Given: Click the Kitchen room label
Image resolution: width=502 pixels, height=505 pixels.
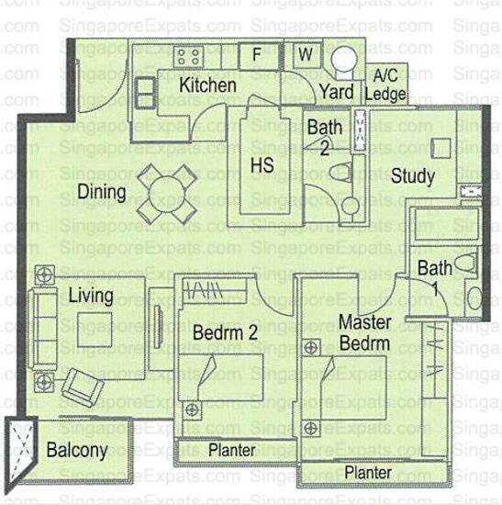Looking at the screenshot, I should coord(207,85).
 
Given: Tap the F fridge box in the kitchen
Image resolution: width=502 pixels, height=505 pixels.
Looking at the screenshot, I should coord(257,54).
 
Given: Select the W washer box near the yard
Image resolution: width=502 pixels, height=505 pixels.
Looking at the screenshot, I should coord(306,54).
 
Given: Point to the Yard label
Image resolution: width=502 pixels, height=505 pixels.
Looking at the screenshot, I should coord(336,92).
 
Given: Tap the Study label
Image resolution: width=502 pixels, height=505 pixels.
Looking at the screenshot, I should coord(413,176).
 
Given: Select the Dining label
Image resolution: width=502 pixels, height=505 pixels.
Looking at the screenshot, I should coord(101,192).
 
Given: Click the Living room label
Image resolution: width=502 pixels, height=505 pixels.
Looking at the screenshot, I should coord(90,296).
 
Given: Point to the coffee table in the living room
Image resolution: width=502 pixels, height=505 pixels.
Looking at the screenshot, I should coord(94,324).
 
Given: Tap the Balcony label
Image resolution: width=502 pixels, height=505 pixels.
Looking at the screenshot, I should coord(77,451).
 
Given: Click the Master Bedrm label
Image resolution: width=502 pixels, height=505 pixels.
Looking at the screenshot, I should coord(364,332).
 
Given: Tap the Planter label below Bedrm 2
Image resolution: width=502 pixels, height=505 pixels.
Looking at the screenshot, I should coord(231,451).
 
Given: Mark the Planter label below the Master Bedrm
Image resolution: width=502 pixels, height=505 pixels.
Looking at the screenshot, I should coord(368,472).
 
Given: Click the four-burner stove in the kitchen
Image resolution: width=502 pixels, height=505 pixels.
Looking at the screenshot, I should coord(188,57).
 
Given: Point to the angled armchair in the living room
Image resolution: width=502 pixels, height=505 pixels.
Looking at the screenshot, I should coord(81,387).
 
